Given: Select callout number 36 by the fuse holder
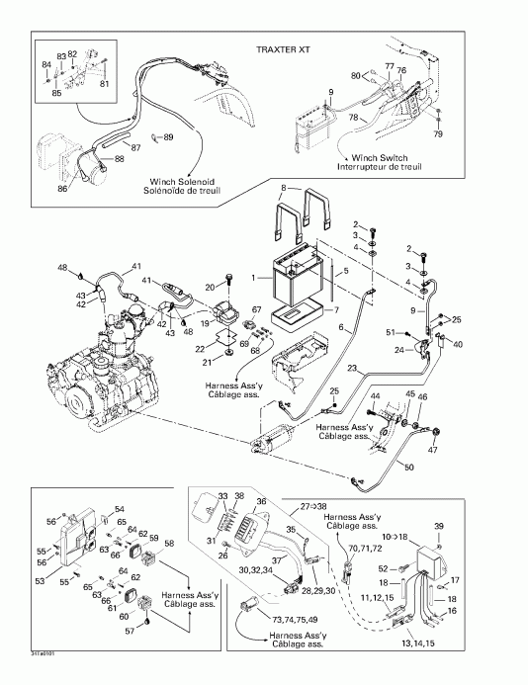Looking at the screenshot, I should tap(263, 501).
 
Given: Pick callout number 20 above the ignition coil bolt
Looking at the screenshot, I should tap(210, 287).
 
